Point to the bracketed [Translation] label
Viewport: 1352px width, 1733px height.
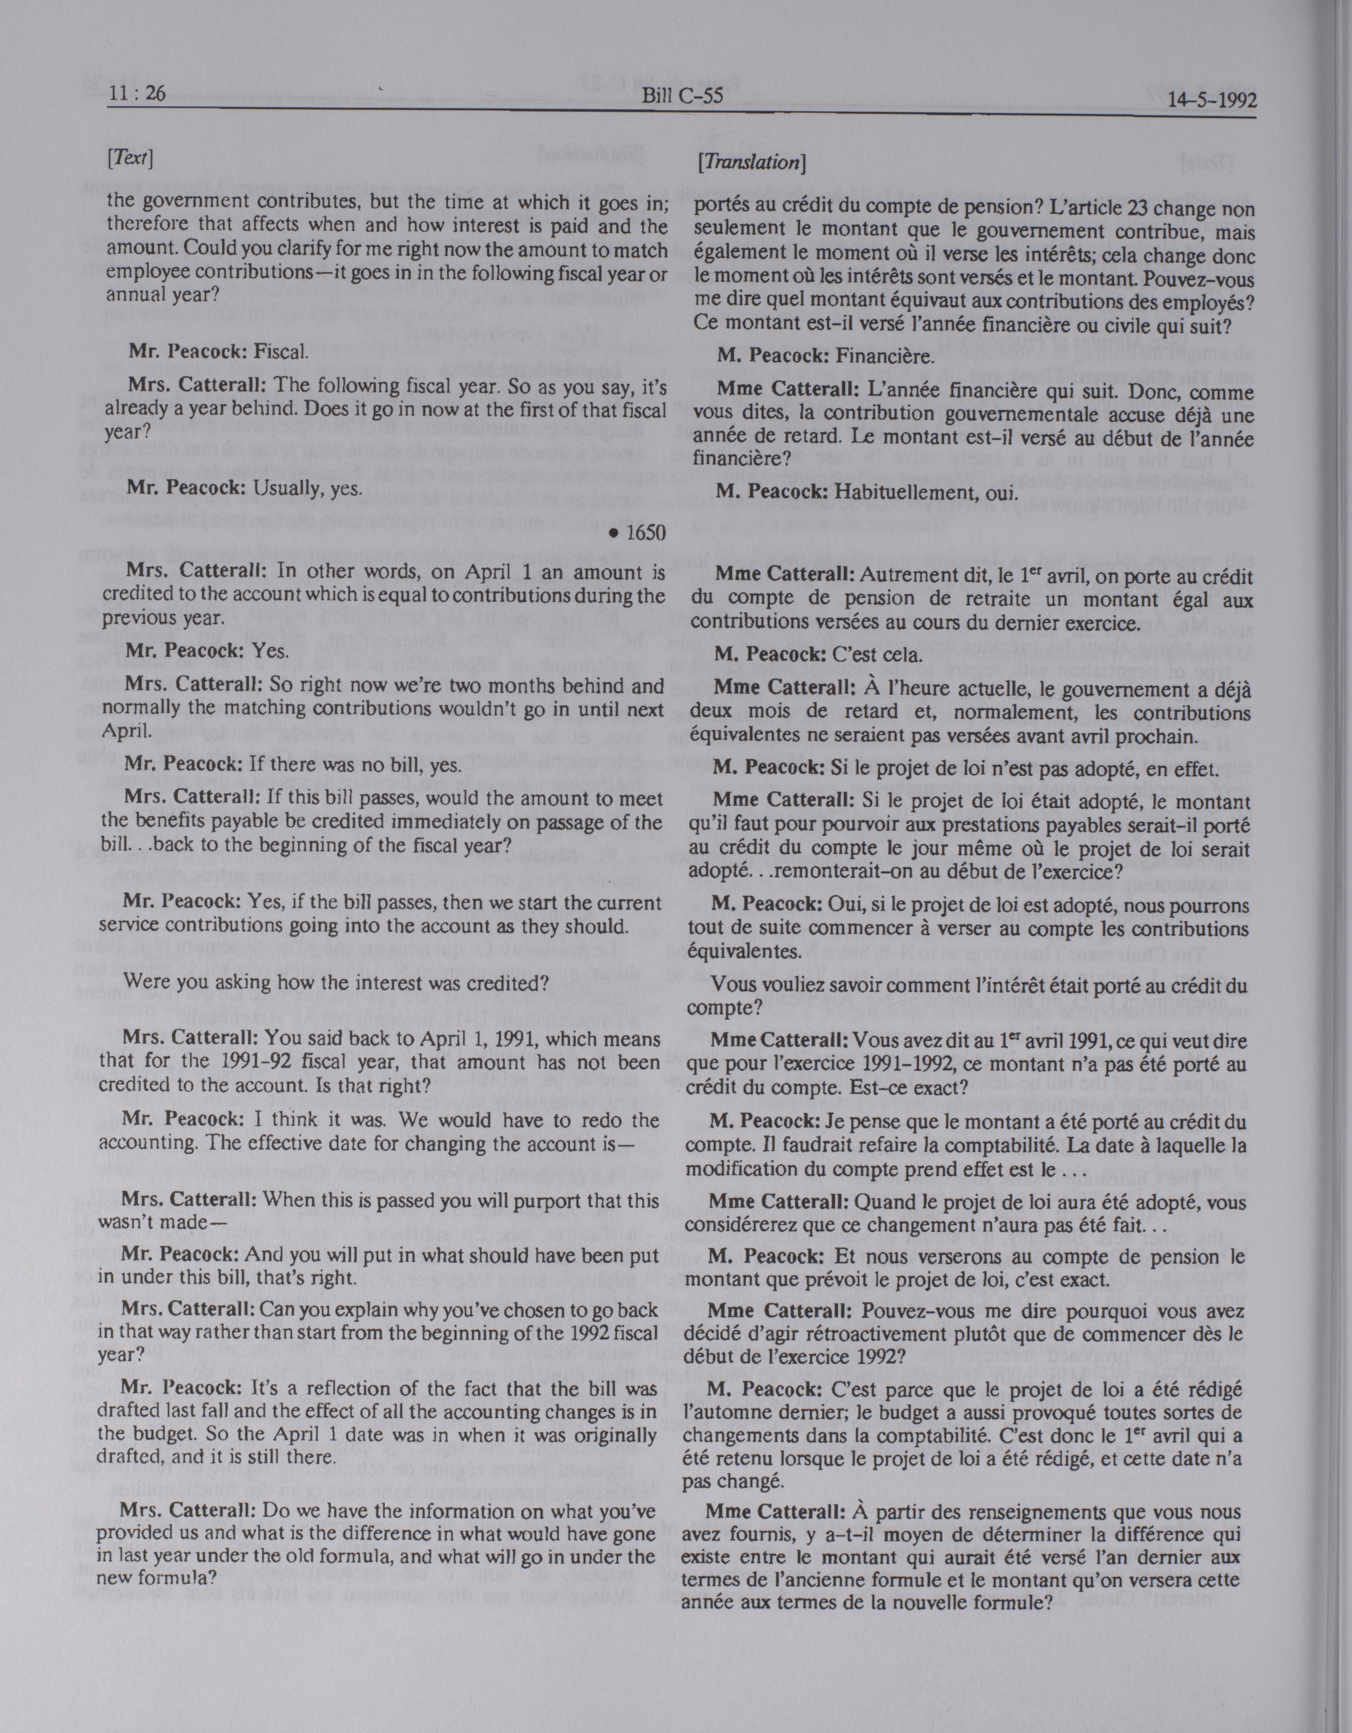751,163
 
